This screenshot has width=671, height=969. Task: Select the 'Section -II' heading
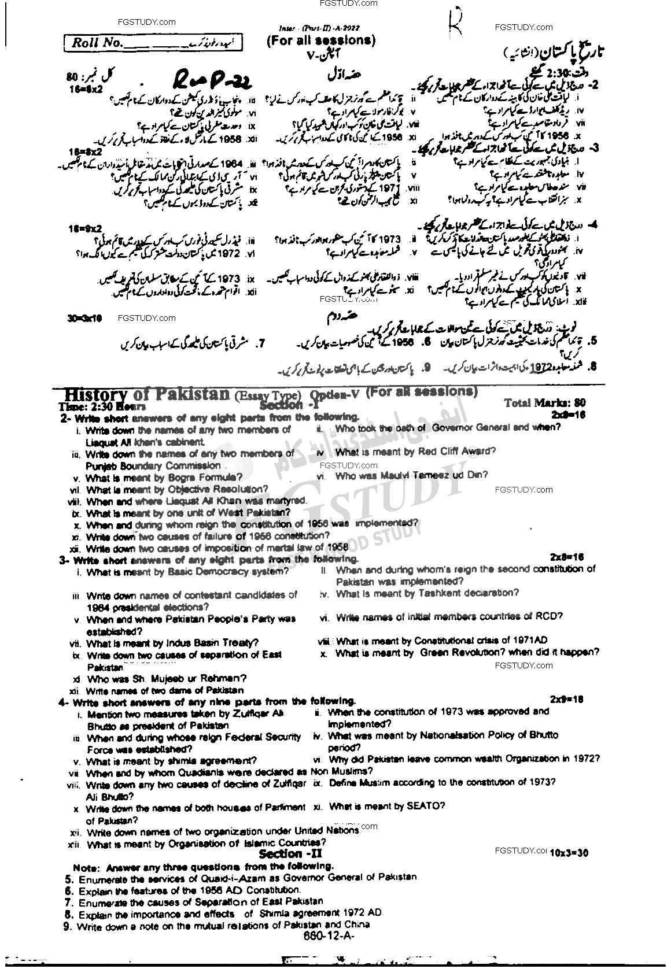click(290, 853)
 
